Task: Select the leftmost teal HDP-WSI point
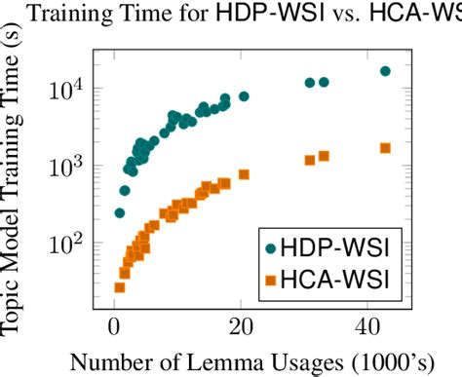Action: coord(120,212)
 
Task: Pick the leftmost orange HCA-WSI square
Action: coord(120,286)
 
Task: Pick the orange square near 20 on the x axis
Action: coord(244,174)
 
